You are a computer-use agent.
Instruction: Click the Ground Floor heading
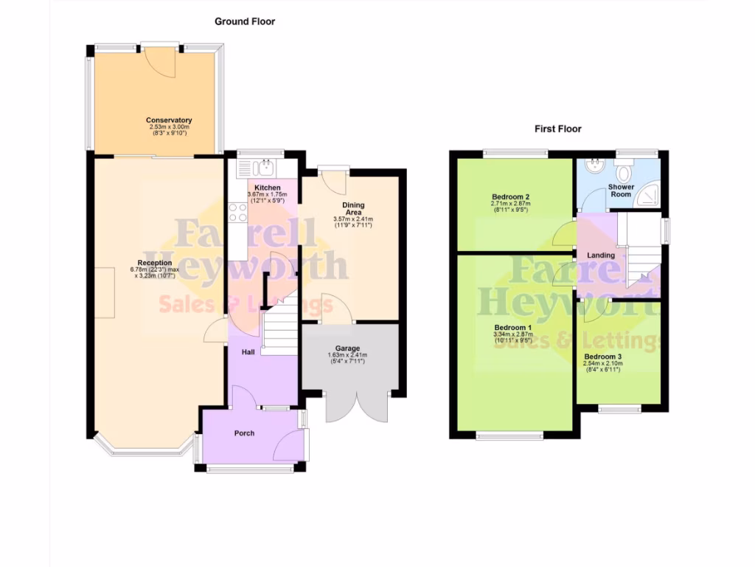point(245,21)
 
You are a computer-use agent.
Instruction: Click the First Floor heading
point(557,128)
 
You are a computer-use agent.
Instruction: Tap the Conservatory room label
point(169,120)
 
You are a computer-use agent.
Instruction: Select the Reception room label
point(155,263)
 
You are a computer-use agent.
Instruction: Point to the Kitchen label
point(267,188)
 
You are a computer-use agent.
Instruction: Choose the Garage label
point(347,348)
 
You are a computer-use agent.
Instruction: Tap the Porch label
point(244,433)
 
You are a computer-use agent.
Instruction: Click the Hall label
point(248,352)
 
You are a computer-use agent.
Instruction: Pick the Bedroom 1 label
point(512,328)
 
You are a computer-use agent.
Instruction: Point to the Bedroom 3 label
point(602,356)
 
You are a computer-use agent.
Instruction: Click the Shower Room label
point(621,190)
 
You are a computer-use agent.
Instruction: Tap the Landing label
point(600,255)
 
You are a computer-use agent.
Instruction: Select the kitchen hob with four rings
point(238,213)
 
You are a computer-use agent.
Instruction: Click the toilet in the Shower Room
point(624,173)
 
